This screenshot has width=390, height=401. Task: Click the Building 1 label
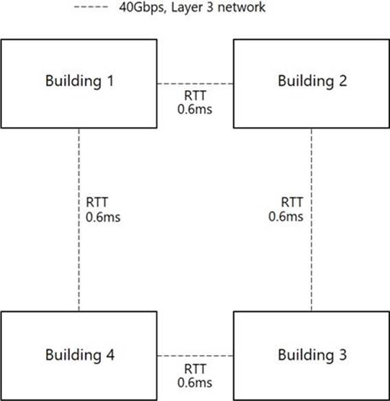(x=80, y=81)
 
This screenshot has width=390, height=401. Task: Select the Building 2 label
(x=312, y=81)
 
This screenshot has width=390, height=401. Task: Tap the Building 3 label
(x=312, y=355)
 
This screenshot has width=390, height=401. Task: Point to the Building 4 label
(x=80, y=355)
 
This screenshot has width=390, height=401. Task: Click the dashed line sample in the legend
(x=91, y=7)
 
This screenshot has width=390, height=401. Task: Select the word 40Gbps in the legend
(x=142, y=8)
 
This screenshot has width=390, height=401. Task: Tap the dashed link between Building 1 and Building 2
(x=195, y=84)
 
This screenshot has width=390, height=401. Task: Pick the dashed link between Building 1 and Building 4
(x=79, y=219)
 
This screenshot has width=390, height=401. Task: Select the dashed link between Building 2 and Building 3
(x=312, y=219)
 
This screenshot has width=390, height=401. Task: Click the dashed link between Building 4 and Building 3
(x=195, y=356)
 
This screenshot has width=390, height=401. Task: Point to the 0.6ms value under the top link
(x=195, y=109)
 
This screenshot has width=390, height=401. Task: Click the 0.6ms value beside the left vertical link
(x=103, y=217)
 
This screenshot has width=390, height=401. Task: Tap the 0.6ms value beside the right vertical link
(x=286, y=217)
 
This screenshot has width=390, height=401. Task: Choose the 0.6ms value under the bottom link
(x=195, y=383)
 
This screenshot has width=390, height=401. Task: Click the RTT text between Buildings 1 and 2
(x=195, y=96)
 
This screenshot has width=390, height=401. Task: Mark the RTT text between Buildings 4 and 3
(x=195, y=369)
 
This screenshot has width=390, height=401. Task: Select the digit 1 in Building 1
(x=111, y=80)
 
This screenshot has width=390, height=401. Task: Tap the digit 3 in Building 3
(x=343, y=355)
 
